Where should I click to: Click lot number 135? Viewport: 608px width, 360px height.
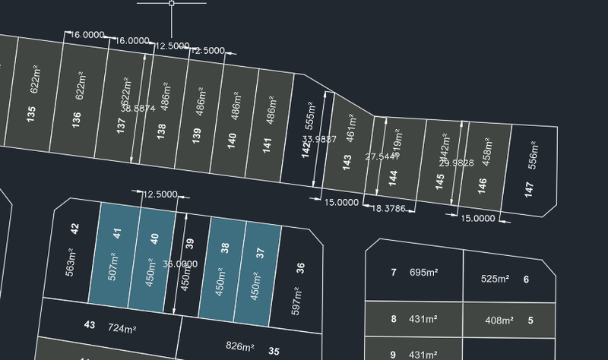(x=31, y=114)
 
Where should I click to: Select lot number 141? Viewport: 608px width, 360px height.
(x=268, y=144)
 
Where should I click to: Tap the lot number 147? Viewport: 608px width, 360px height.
(x=529, y=189)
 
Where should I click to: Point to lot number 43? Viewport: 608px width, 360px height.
(x=90, y=325)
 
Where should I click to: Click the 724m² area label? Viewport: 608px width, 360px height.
(x=122, y=329)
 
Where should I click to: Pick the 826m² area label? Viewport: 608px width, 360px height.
(x=240, y=347)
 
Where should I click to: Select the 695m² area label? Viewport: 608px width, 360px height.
(x=423, y=272)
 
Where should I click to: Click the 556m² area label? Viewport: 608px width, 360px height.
(x=533, y=155)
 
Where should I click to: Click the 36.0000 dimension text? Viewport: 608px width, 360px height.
(x=180, y=264)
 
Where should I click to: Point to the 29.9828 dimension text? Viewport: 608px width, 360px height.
(x=457, y=163)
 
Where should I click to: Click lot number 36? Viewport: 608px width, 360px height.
(x=300, y=267)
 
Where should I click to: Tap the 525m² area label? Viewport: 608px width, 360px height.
(x=495, y=279)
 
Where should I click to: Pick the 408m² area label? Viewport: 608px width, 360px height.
(x=499, y=321)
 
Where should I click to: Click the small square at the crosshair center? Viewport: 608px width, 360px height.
(x=172, y=4)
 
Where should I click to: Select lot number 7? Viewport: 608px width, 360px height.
(x=394, y=272)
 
